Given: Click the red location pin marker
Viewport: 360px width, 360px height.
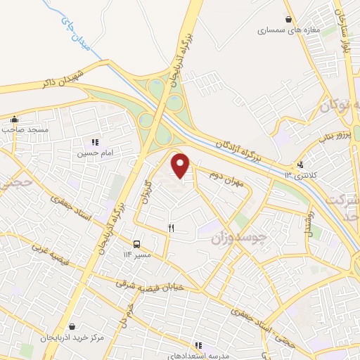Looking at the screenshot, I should (x=181, y=165).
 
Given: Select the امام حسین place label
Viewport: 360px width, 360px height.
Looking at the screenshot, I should (x=95, y=153).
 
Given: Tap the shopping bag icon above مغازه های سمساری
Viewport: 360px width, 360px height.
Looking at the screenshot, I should (x=289, y=19).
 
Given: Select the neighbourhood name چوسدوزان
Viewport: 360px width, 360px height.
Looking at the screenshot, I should (x=239, y=239).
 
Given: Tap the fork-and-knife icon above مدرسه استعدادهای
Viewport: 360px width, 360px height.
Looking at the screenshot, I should (x=199, y=345).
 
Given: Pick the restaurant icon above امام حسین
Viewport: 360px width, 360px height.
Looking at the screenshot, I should (x=95, y=141).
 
